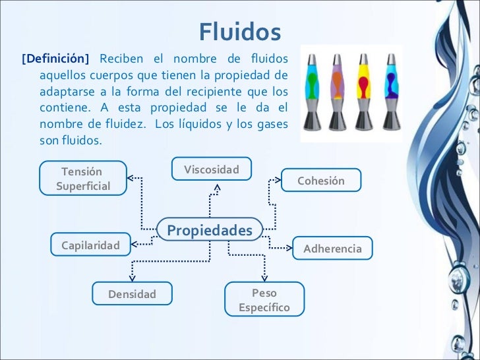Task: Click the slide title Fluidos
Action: coord(240,31)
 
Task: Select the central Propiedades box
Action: coord(210,230)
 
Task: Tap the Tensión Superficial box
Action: coord(83,179)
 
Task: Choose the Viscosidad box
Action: coord(212,170)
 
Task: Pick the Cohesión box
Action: coord(321,181)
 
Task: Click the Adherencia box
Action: coord(332,249)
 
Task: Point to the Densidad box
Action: coord(133,294)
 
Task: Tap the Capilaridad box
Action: coord(91,245)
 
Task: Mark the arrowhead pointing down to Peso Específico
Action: coord(264,278)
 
